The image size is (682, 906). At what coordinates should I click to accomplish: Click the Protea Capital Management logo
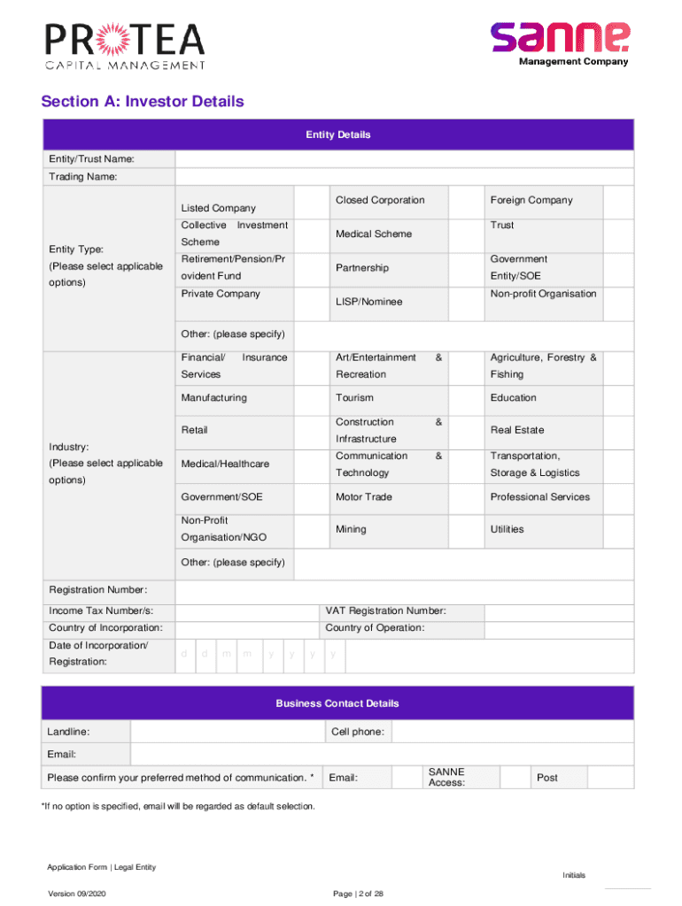126,45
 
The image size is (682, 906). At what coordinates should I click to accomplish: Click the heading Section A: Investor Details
142,102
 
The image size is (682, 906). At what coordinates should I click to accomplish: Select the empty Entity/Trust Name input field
404,159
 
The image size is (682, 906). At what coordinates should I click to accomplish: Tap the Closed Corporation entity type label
380,200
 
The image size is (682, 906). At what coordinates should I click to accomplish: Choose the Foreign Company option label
531,200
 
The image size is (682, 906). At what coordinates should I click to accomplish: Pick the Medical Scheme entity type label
374,234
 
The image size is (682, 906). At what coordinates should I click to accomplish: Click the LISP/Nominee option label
368,302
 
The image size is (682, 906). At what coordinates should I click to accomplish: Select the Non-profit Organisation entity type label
543,294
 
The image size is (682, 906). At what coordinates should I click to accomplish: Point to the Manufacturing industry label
213,398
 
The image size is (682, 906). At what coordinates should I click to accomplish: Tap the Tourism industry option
354,398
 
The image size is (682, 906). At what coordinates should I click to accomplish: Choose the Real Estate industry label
517,430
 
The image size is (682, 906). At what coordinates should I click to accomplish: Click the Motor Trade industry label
363,497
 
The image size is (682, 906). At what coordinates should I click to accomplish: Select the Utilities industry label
507,529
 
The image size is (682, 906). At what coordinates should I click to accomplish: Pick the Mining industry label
351,529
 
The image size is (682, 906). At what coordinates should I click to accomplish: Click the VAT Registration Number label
385,611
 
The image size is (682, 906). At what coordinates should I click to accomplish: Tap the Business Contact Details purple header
337,703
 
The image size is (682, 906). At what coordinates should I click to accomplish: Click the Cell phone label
357,732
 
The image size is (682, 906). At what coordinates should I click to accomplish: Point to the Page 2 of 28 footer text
358,894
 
